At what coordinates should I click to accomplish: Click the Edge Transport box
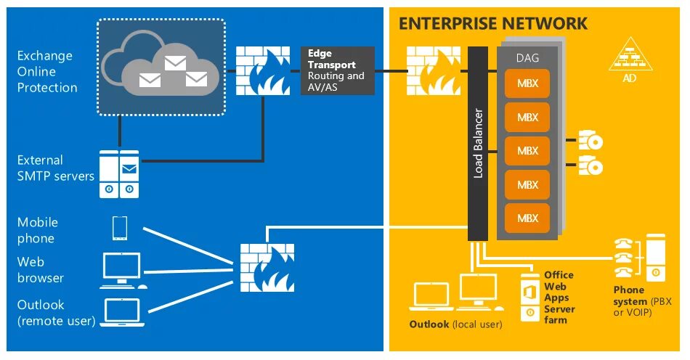tap(338, 70)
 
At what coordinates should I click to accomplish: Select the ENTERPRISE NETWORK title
tap(492, 23)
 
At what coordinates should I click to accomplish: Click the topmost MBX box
tap(527, 83)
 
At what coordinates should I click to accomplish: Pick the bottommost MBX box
tap(527, 217)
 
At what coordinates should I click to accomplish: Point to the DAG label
tap(527, 57)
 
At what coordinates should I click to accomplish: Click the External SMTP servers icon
tap(119, 175)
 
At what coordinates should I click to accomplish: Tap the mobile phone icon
tap(120, 228)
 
